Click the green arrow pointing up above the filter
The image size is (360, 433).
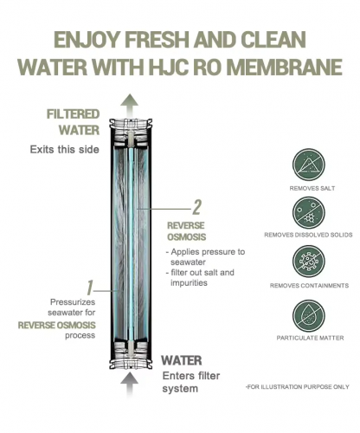pyautogui.click(x=130, y=106)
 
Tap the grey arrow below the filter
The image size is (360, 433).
pyautogui.click(x=130, y=385)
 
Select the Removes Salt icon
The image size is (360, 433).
pyautogui.click(x=309, y=165)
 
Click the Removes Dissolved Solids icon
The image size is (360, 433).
pyautogui.click(x=309, y=214)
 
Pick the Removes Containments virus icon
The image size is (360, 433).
pyautogui.click(x=309, y=262)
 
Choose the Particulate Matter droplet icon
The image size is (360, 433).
pyautogui.click(x=309, y=316)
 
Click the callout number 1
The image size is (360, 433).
pyautogui.click(x=90, y=288)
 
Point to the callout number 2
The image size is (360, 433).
pyautogui.click(x=196, y=207)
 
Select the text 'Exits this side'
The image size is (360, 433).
pyautogui.click(x=65, y=150)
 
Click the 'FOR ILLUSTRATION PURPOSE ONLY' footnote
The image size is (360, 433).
pyautogui.click(x=298, y=387)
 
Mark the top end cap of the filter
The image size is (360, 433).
pyautogui.click(x=130, y=129)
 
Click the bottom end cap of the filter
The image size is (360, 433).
pyautogui.click(x=130, y=356)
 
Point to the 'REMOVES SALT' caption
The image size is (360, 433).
pyautogui.click(x=312, y=189)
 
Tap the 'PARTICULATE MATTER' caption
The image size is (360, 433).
pyautogui.click(x=310, y=338)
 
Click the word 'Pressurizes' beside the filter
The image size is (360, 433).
pyautogui.click(x=73, y=302)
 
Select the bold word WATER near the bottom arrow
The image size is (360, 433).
pyautogui.click(x=182, y=360)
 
